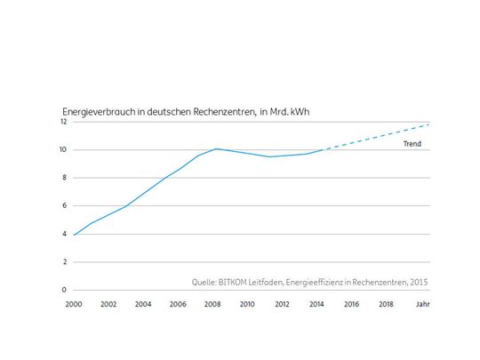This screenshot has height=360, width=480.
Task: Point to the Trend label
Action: pyautogui.click(x=411, y=143)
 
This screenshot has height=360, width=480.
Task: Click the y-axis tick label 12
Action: pyautogui.click(x=65, y=122)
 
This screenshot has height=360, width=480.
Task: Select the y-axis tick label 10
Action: pyautogui.click(x=65, y=149)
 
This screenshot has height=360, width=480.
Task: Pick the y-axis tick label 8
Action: pyautogui.click(x=65, y=178)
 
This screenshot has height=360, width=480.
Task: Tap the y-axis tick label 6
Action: pyautogui.click(x=65, y=205)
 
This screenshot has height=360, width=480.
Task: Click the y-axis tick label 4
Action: pyautogui.click(x=65, y=234)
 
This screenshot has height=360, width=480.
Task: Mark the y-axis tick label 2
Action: pyautogui.click(x=65, y=262)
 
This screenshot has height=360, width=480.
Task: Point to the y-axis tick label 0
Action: pyautogui.click(x=65, y=290)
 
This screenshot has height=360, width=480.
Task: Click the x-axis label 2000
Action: pyautogui.click(x=74, y=304)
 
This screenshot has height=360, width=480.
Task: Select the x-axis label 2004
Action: pyautogui.click(x=143, y=304)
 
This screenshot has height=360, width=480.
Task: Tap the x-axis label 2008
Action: pyautogui.click(x=212, y=304)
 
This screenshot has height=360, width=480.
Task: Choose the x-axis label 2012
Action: pyautogui.click(x=282, y=304)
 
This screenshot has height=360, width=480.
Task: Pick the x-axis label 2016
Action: pyautogui.click(x=351, y=304)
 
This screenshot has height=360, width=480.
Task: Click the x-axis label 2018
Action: pyautogui.click(x=386, y=304)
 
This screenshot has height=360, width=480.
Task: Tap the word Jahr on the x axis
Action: pyautogui.click(x=420, y=304)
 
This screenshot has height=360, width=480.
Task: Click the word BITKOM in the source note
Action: pyautogui.click(x=236, y=282)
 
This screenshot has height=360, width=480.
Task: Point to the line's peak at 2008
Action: pyautogui.click(x=214, y=148)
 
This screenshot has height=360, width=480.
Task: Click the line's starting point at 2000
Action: pyautogui.click(x=74, y=235)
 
